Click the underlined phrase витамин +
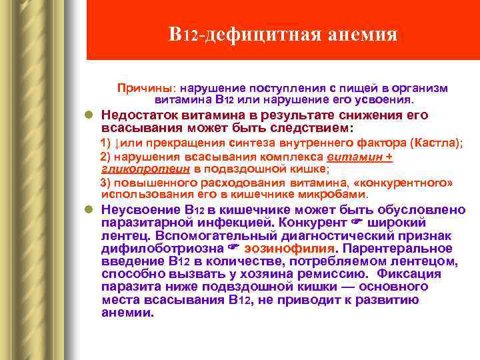[360, 157]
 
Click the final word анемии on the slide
[126, 312]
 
